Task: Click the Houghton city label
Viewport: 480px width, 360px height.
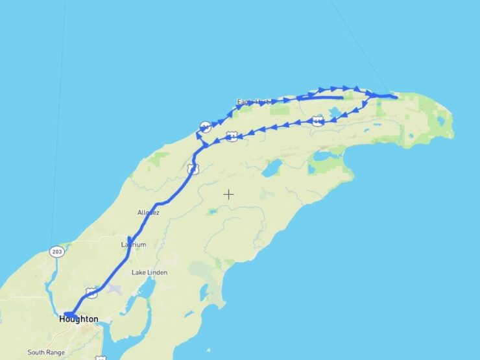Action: click(78, 319)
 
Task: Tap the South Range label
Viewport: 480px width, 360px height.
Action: click(45, 353)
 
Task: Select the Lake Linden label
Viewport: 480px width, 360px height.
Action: click(149, 272)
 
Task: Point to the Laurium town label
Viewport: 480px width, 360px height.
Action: click(134, 245)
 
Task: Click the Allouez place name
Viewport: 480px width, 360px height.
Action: click(149, 212)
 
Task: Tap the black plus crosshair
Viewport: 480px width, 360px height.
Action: click(228, 194)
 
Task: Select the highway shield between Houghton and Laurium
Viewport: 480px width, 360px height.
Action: click(92, 293)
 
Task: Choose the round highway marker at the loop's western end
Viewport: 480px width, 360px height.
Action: click(204, 126)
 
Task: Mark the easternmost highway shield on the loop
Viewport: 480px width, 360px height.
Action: click(317, 121)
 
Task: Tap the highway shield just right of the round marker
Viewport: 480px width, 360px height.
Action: click(232, 136)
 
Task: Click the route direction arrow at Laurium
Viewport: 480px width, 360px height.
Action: click(130, 241)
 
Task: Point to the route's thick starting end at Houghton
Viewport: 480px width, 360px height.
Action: click(69, 315)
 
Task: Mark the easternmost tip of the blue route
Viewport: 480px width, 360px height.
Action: click(396, 97)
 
